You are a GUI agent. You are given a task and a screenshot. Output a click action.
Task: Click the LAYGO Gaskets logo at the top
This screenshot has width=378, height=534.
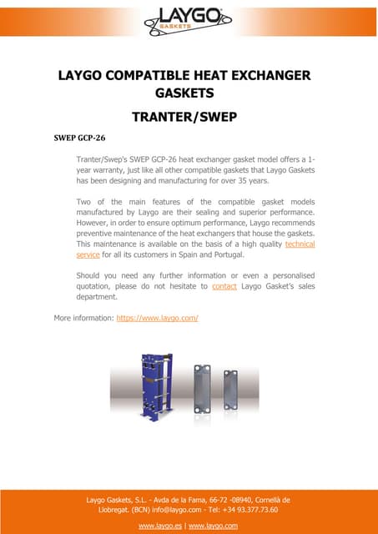pyautogui.click(x=188, y=18)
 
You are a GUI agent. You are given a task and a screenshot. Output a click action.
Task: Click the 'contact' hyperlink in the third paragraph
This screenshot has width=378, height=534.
pyautogui.click(x=224, y=286)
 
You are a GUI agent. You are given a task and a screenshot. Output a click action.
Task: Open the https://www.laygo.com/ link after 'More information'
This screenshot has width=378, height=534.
pyautogui.click(x=157, y=319)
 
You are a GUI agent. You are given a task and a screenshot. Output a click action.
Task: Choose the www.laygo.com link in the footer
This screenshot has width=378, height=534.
pyautogui.click(x=215, y=526)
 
